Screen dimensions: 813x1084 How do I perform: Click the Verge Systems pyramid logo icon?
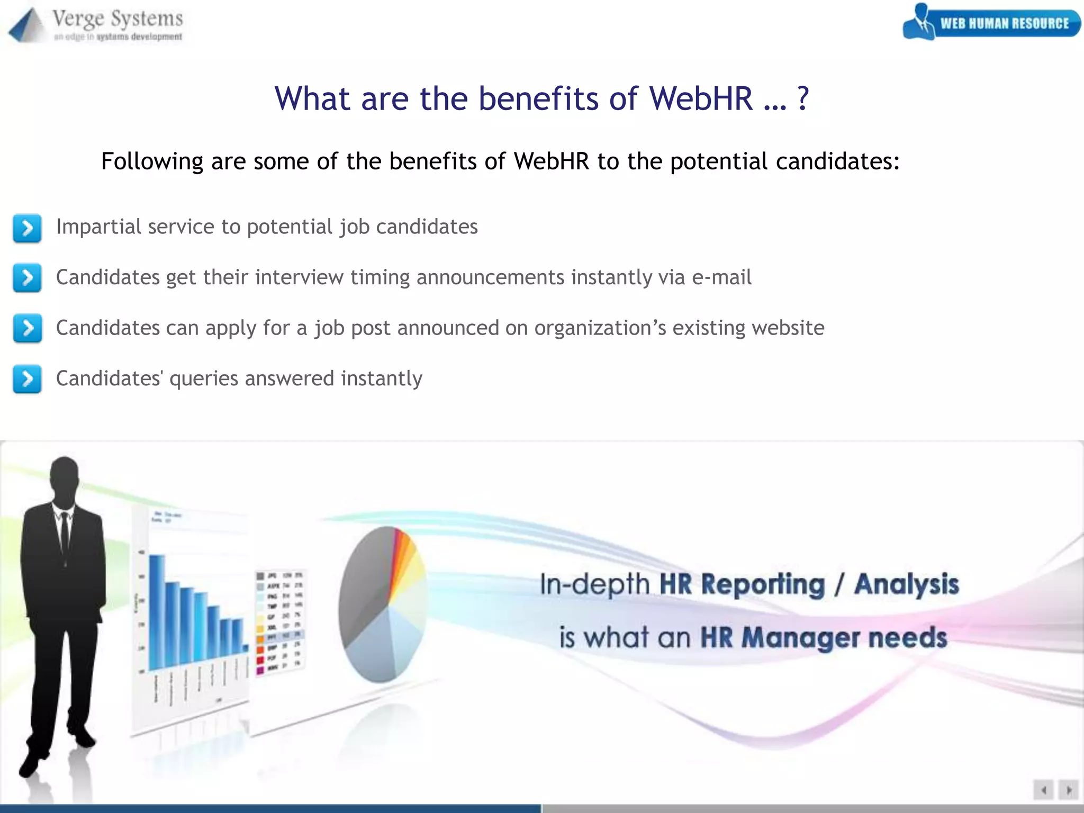(26, 25)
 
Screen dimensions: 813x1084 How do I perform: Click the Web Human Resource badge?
(991, 23)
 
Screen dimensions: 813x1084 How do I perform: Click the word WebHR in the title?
(701, 98)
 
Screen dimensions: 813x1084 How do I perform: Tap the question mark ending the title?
(802, 98)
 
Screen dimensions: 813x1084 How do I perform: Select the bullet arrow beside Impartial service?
(27, 228)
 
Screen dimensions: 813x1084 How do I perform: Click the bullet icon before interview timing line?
(27, 278)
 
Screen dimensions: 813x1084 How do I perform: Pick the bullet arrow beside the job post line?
(27, 328)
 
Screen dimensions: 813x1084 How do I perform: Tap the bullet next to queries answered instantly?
(27, 379)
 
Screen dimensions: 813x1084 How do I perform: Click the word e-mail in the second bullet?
(721, 277)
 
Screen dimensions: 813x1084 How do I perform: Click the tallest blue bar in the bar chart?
(157, 611)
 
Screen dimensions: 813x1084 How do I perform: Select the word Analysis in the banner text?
(906, 584)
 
